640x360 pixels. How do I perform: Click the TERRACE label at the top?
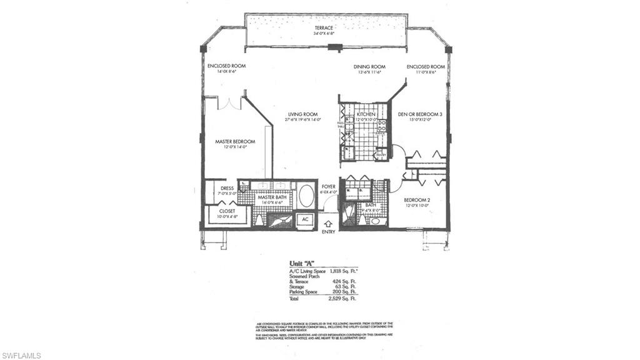click(324, 28)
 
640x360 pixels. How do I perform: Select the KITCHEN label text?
click(366, 114)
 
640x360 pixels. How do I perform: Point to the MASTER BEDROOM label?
click(235, 142)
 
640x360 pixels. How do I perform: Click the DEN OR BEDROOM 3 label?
click(420, 114)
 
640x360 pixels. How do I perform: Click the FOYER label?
click(329, 187)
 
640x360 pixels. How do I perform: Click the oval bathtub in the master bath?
click(306, 196)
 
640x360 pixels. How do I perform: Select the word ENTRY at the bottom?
click(329, 232)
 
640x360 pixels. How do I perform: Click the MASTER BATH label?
click(272, 197)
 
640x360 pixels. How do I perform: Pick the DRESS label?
click(227, 187)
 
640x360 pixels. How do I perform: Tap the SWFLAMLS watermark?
click(21, 355)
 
